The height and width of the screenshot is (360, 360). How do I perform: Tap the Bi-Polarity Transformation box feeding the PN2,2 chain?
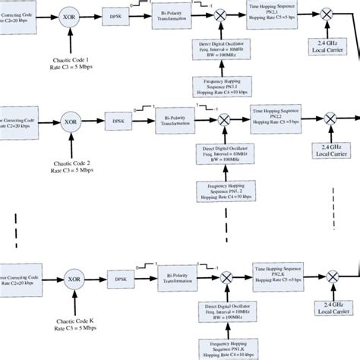point(178,120)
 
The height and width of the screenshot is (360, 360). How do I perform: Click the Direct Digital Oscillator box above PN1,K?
point(225,313)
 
